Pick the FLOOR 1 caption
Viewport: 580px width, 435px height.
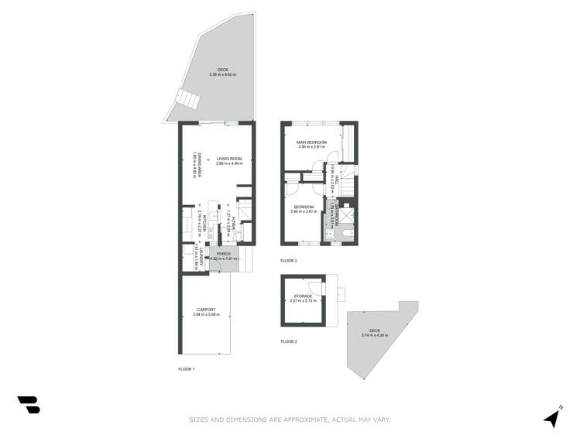(x=186, y=369)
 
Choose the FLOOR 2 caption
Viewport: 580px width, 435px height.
(x=289, y=341)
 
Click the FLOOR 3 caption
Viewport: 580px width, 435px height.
(x=289, y=261)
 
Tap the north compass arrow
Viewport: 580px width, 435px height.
(x=552, y=417)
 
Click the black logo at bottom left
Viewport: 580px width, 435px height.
(x=29, y=404)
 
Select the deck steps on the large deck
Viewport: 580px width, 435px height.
(x=186, y=100)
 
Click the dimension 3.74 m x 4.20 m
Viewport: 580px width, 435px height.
(x=374, y=336)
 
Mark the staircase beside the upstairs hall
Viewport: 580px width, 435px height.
(x=349, y=186)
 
